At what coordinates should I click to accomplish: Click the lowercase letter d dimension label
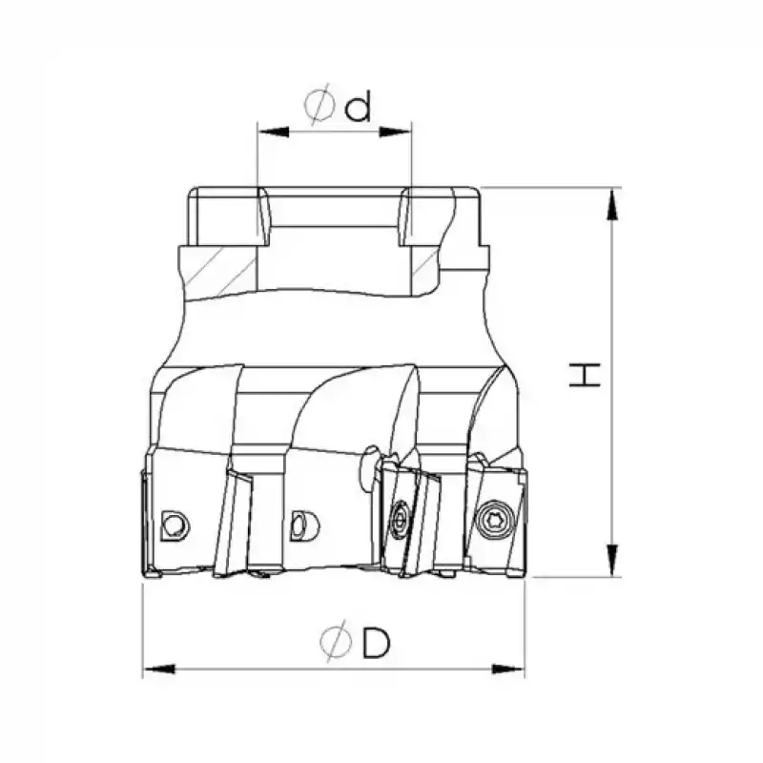pyautogui.click(x=358, y=108)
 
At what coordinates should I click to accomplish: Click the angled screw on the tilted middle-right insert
pyautogui.click(x=398, y=520)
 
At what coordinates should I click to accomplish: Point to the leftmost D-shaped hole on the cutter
pyautogui.click(x=174, y=523)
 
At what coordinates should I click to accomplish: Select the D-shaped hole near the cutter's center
pyautogui.click(x=299, y=523)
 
